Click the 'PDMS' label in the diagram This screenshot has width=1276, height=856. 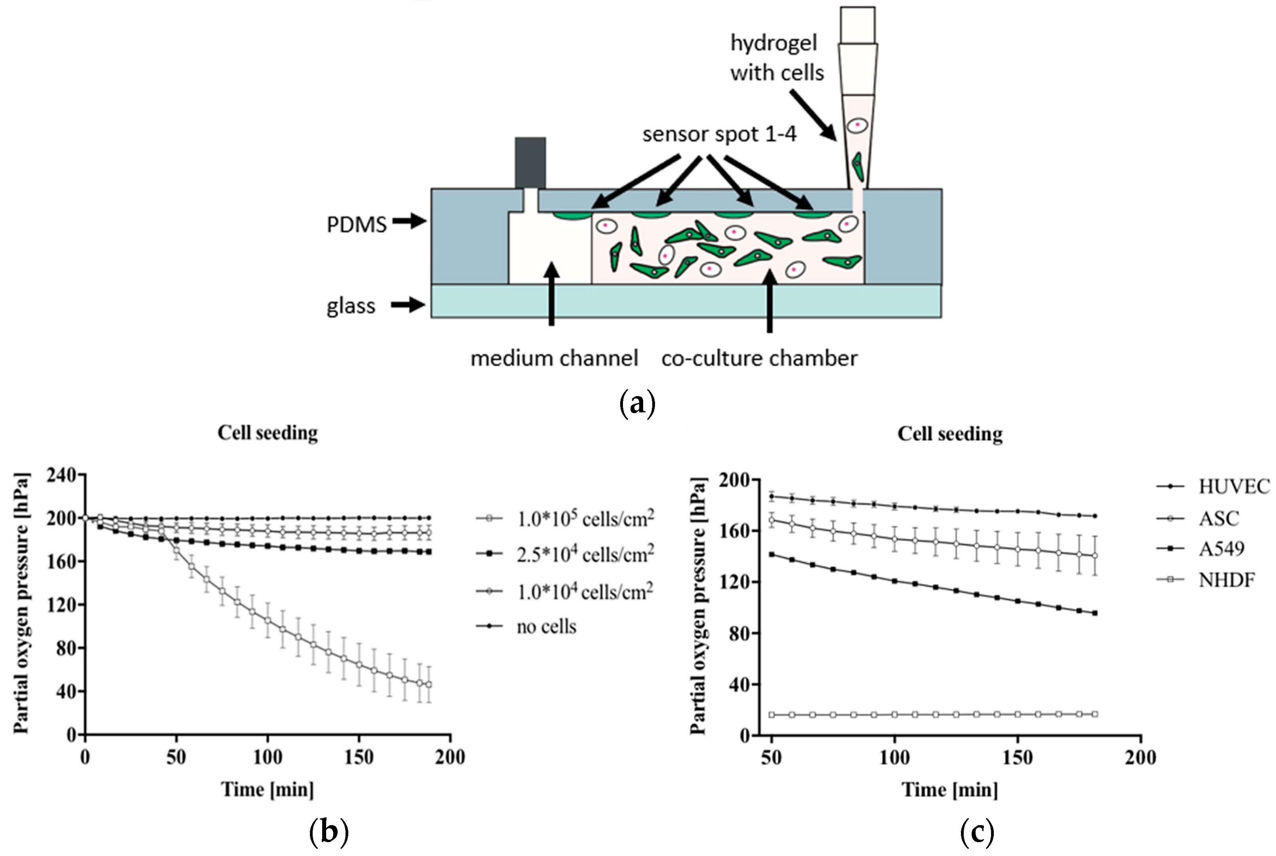click(356, 224)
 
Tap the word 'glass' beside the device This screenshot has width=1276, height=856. click(351, 306)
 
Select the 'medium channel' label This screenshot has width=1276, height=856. click(554, 359)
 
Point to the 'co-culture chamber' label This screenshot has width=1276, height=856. click(759, 359)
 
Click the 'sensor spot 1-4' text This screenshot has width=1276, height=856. click(719, 134)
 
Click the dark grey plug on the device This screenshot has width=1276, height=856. click(530, 163)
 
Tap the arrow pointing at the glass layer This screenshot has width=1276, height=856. click(408, 305)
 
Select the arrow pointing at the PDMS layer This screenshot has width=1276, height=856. click(409, 221)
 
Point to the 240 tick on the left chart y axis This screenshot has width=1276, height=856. click(61, 475)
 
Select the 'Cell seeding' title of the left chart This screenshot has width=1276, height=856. click(268, 433)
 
